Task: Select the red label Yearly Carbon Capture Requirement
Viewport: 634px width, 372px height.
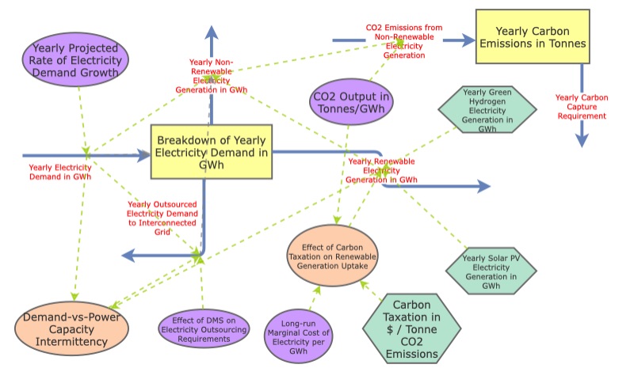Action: pos(582,106)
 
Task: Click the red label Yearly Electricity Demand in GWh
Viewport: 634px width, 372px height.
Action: pos(60,172)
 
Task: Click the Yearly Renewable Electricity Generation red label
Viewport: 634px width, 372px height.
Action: pos(383,170)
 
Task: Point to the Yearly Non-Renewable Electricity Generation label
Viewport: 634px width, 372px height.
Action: pos(211,75)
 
